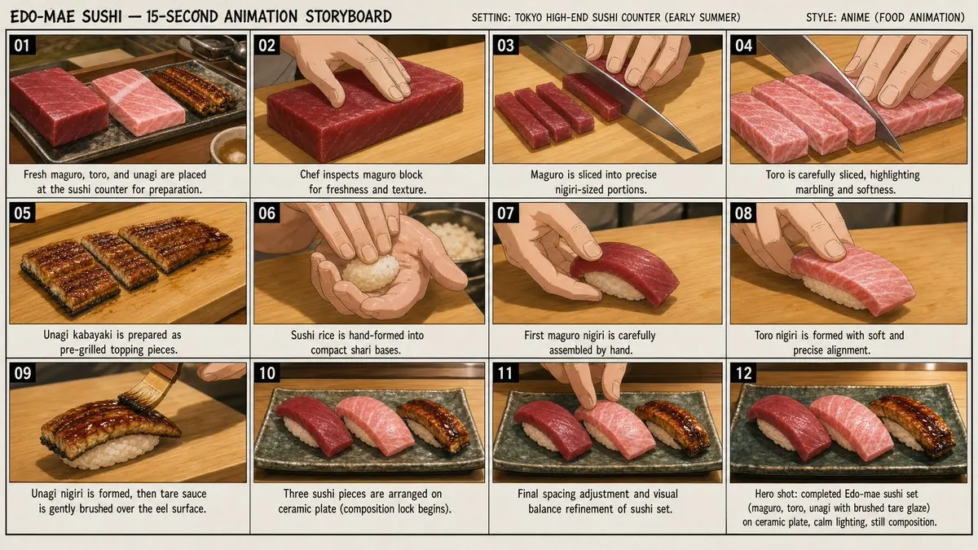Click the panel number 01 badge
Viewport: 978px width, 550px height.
[x=22, y=46]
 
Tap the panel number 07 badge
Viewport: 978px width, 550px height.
[x=505, y=213]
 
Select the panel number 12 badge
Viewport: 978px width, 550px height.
[x=743, y=373]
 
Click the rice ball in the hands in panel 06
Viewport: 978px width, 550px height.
[x=371, y=272]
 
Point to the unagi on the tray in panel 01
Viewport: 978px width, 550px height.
[x=193, y=90]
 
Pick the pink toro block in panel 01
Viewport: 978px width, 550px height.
[x=138, y=102]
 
